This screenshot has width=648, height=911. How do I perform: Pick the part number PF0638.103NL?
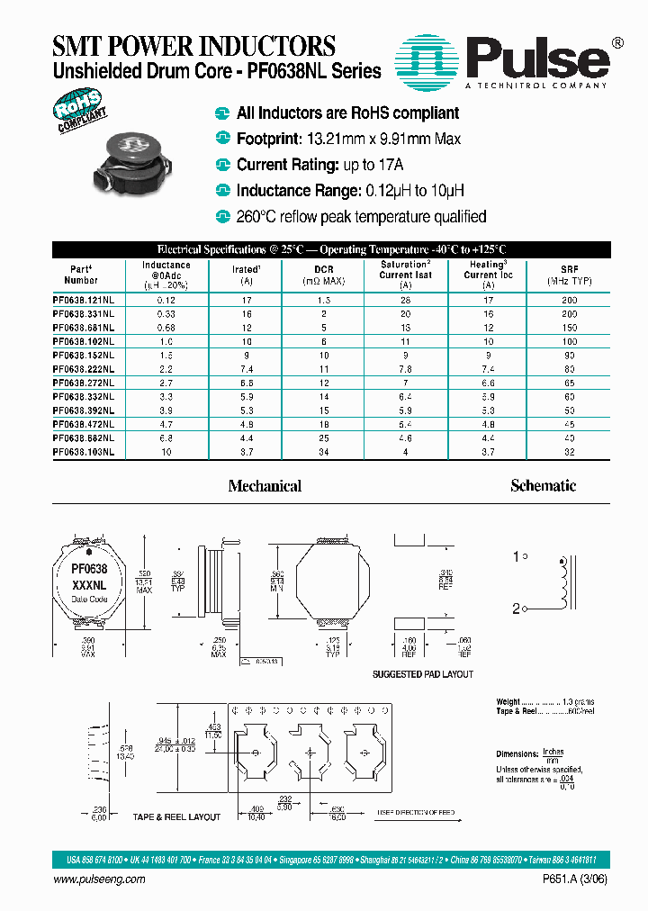(x=84, y=453)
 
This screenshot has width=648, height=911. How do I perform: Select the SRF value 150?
(x=569, y=327)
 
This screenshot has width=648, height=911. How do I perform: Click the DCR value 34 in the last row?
(x=323, y=453)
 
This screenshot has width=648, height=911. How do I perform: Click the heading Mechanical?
(x=265, y=486)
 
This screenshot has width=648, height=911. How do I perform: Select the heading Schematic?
(x=543, y=486)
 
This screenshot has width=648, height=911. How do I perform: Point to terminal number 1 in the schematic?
(x=517, y=557)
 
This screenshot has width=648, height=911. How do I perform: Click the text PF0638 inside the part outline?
(x=89, y=569)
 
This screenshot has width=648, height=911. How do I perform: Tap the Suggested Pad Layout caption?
(x=423, y=674)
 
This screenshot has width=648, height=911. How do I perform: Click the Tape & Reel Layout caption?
(x=177, y=816)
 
